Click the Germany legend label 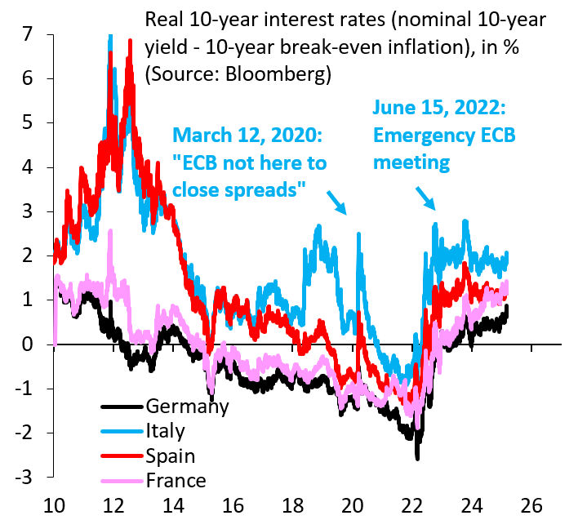pyautogui.click(x=186, y=407)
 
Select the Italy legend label pyautogui.click(x=166, y=431)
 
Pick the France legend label pyautogui.click(x=176, y=480)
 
